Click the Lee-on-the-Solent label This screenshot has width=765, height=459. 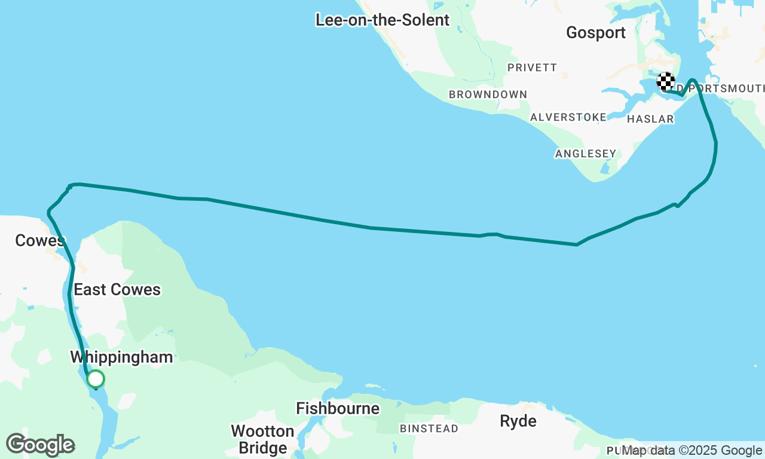pos(382,20)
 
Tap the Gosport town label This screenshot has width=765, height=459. pos(595,33)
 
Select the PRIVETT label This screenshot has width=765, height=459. pos(532,68)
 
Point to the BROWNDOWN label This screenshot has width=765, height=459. pos(488,94)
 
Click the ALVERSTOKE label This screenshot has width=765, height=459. pos(568,117)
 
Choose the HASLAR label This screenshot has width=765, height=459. pos(650,119)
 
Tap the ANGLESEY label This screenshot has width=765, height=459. pos(585,154)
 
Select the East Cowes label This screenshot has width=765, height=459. pos(117,290)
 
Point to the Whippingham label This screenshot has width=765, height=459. pos(121,357)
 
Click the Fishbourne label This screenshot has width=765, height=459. pos(338,409)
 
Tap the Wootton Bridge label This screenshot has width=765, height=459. pos(262,439)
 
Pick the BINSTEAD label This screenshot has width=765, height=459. pos(429,429)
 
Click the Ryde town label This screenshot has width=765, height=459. pos(518,421)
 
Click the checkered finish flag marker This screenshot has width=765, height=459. pos(666,81)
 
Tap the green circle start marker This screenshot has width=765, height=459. pos(96,379)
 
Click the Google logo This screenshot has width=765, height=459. pos(40,445)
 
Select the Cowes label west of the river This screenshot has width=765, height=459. pos(39,241)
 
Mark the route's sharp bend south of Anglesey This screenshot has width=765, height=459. pos(577,244)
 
